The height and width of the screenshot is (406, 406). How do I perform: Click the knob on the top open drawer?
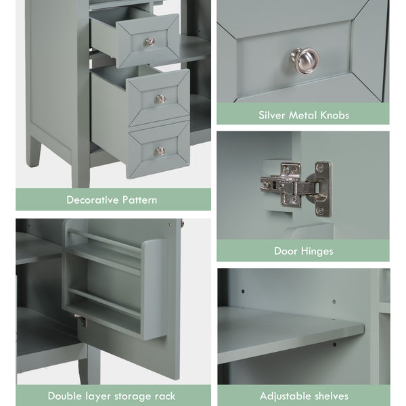[x=150, y=41]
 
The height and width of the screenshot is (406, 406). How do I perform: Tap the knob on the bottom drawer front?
[x=161, y=151]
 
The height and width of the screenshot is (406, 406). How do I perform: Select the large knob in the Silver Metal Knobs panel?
[x=304, y=61]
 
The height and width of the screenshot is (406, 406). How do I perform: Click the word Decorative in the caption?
[x=93, y=200]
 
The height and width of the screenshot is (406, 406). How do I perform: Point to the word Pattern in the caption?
[x=140, y=200]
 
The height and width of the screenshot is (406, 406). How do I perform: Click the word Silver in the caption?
[x=272, y=115]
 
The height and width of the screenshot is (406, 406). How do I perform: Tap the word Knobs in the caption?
[x=335, y=115]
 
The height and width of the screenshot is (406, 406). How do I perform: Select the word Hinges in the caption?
[x=317, y=251]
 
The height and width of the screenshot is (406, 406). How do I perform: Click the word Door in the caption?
[x=286, y=251]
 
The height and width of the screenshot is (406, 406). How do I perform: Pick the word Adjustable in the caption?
[x=284, y=396]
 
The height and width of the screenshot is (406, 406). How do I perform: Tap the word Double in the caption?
[x=64, y=396]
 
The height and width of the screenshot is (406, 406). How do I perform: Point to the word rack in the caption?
[x=165, y=397]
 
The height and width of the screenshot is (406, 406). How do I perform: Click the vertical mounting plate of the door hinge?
[x=323, y=189]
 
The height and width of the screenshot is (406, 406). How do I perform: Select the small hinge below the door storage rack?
[x=83, y=321]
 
